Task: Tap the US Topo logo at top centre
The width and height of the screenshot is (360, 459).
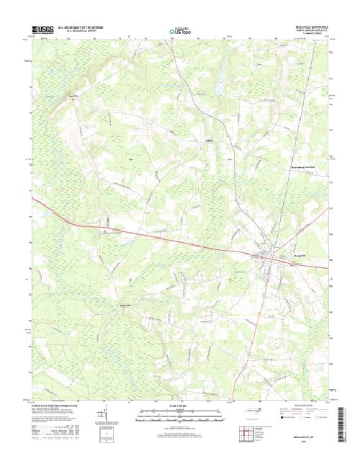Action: click(179, 32)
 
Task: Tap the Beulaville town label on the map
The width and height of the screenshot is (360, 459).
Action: click(287, 256)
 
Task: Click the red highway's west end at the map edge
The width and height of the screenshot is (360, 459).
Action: click(32, 195)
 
